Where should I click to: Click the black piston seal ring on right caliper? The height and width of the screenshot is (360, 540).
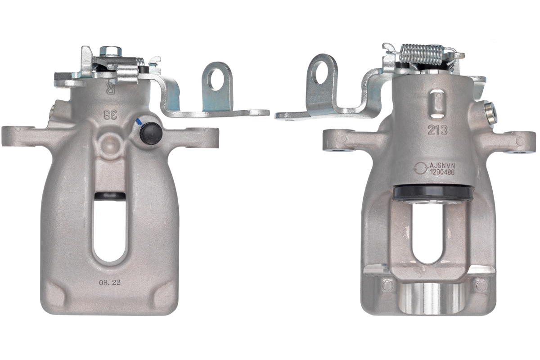(432, 193)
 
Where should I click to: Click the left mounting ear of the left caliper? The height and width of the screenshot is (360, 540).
(18, 136)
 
